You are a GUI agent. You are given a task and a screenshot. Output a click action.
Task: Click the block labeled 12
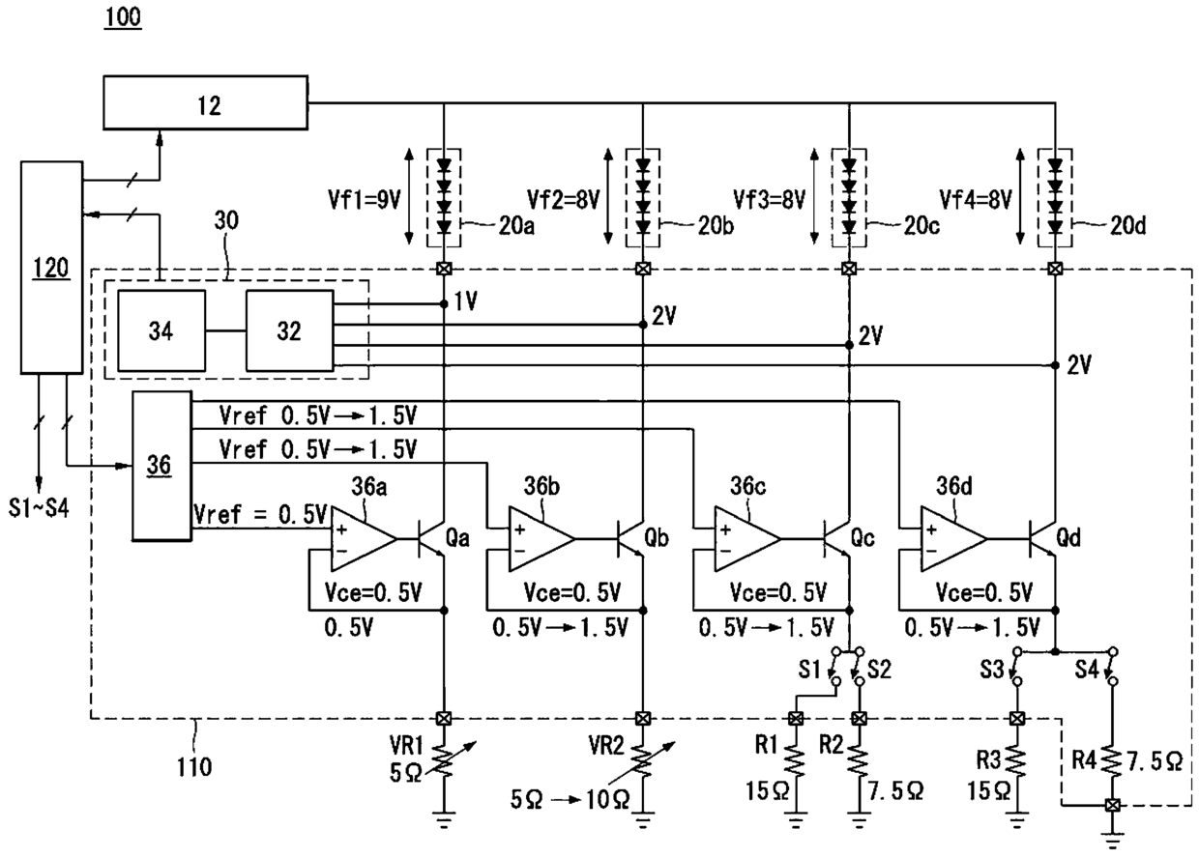(206, 102)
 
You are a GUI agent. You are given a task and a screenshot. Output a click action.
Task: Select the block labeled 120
(52, 267)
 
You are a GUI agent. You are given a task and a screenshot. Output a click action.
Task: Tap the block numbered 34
(161, 330)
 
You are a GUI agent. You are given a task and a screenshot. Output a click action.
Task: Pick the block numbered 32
(289, 330)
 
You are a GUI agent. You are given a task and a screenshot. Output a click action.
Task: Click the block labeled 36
(161, 466)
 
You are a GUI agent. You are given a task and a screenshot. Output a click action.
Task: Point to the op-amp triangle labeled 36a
(364, 538)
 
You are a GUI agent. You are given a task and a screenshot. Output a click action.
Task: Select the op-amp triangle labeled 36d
(953, 538)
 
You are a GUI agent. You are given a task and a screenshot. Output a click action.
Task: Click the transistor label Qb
(657, 538)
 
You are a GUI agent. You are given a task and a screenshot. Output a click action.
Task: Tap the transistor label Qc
(863, 538)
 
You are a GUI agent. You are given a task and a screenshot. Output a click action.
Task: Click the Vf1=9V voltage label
(365, 200)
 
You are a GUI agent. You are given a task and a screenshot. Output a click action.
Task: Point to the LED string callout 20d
(1127, 226)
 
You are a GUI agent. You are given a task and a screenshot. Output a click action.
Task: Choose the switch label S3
(992, 670)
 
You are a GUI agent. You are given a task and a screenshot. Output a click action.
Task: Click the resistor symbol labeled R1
(796, 760)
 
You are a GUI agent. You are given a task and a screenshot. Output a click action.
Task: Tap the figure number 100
(123, 17)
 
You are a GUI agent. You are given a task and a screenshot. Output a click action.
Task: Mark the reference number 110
(194, 767)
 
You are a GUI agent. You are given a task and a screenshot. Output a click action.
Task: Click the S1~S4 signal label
(39, 507)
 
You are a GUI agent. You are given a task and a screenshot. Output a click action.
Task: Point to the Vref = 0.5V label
(260, 514)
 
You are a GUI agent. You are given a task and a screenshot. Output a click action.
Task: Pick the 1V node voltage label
(466, 302)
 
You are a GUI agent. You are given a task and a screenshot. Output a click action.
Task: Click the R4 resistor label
(1085, 760)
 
